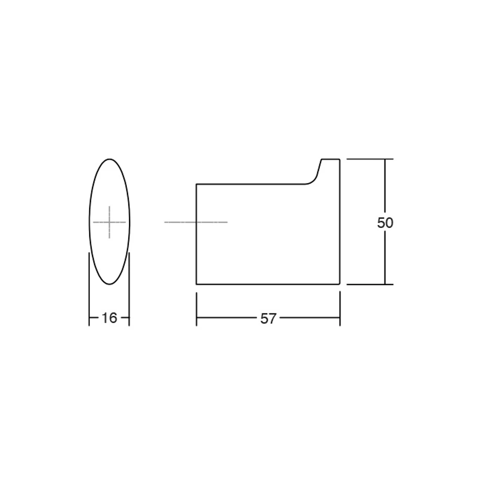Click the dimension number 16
pyautogui.click(x=109, y=318)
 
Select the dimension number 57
pyautogui.click(x=268, y=318)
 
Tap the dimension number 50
pyautogui.click(x=385, y=223)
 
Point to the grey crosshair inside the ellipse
pyautogui.click(x=109, y=222)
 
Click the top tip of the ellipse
pyautogui.click(x=109, y=159)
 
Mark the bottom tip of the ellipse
pyautogui.click(x=109, y=284)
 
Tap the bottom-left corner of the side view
pyautogui.click(x=196, y=284)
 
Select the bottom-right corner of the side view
pyautogui.click(x=340, y=284)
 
